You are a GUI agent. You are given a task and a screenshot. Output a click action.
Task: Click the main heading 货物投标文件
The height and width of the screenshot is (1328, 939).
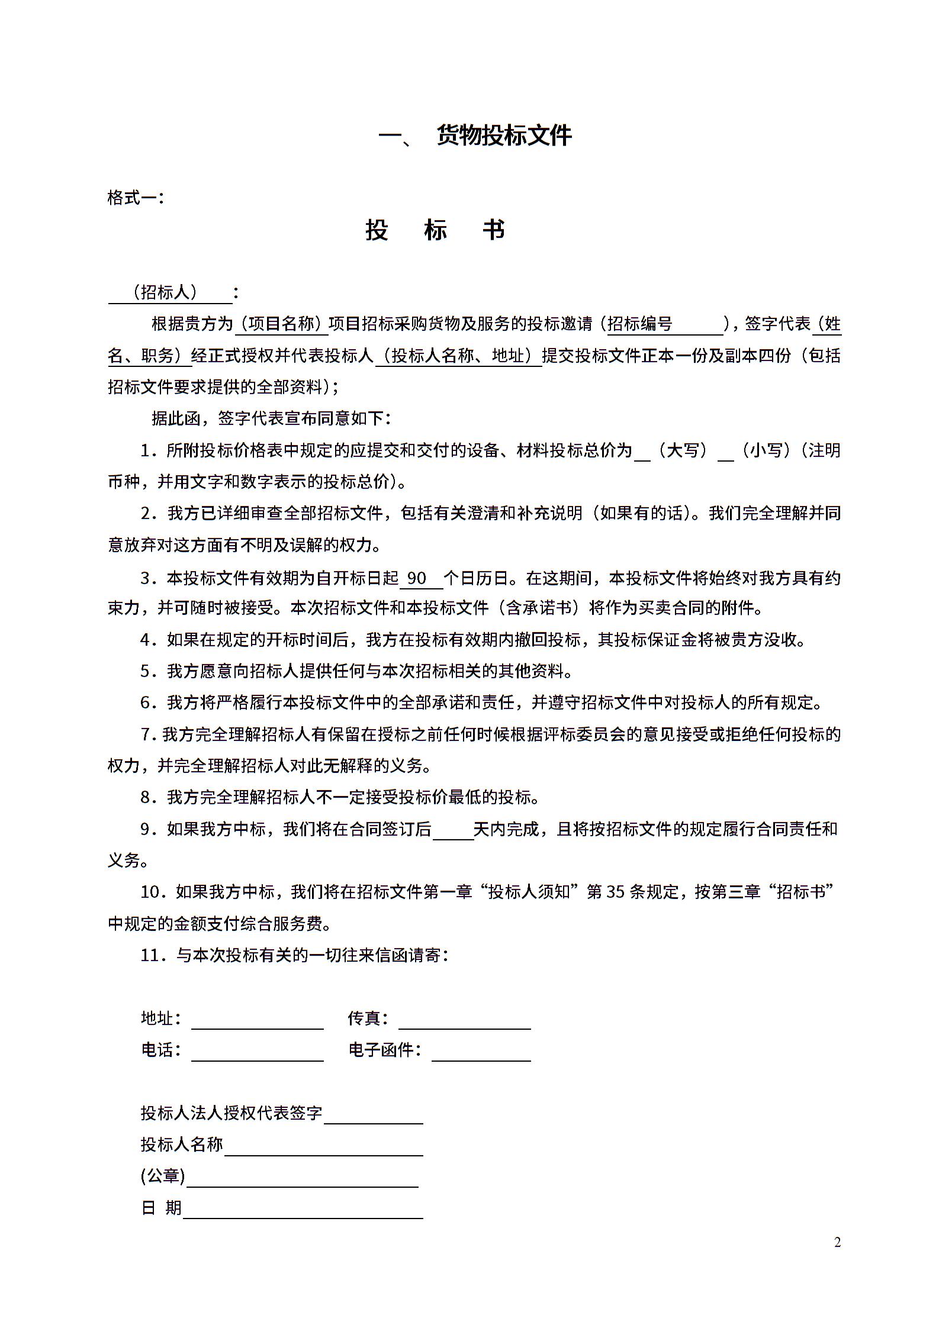[504, 136]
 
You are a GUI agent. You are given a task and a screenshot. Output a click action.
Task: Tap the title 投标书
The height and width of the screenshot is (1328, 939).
[435, 230]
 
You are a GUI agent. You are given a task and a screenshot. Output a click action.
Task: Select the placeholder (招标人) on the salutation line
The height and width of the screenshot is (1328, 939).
[165, 292]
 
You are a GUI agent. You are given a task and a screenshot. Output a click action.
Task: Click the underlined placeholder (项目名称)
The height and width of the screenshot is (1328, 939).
[282, 324]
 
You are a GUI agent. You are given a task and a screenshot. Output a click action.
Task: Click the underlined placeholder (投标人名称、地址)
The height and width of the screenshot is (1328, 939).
[458, 355]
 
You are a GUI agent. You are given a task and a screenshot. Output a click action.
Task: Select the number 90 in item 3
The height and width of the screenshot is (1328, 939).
[417, 578]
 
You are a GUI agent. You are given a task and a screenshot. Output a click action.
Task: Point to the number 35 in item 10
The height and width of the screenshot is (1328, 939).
[616, 892]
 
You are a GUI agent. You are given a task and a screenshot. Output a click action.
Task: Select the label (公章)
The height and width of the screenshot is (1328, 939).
[163, 1176]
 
